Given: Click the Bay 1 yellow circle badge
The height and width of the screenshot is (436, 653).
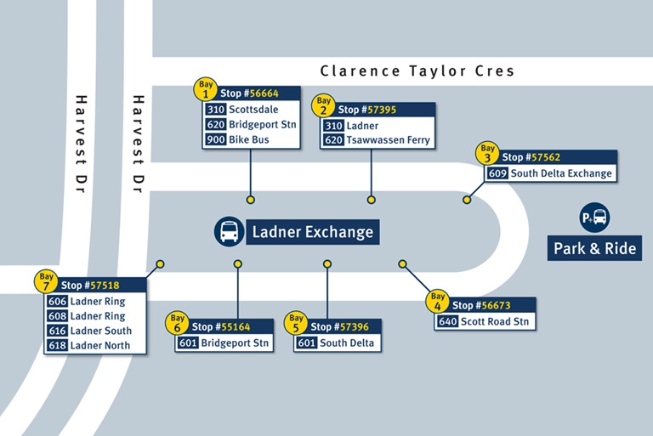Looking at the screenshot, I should pos(206,88).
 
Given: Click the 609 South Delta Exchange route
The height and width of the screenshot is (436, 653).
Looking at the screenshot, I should pos(549,173).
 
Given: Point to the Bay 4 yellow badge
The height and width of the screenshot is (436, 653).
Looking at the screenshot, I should pos(437,300).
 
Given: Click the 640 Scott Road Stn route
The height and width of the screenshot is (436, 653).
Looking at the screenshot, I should pos(485,321).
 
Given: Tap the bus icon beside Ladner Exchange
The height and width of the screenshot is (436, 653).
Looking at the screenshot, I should pos(230,231).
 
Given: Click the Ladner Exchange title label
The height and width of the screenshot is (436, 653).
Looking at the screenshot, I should pos(312,231).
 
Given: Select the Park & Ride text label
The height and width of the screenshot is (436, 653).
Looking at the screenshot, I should pos(594,249).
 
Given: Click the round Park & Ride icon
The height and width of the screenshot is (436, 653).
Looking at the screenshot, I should pos(594,217).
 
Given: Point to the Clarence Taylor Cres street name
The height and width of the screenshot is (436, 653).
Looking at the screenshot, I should pos(417,71).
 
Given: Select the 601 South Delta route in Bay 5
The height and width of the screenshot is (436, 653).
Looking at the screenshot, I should pos(335,343).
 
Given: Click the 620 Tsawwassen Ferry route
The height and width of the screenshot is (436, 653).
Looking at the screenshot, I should pos(377,140).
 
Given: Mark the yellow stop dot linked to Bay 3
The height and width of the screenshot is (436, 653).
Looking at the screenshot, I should pos(467,200).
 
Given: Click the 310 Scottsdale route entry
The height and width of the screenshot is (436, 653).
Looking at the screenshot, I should pos(241,110).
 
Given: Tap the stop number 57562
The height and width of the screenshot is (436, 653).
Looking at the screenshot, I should pos(544,157).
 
